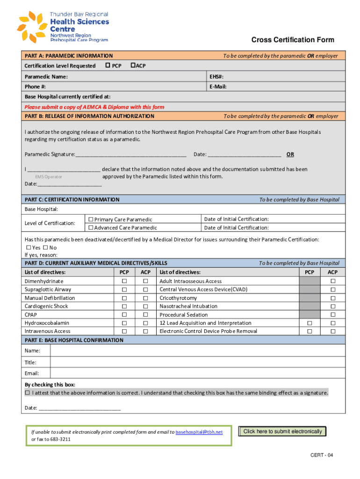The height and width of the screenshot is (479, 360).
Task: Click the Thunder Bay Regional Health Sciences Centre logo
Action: coord(63,27)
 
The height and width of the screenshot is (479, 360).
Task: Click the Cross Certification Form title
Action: coord(293,40)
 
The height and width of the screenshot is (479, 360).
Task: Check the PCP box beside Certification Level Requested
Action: coord(108,65)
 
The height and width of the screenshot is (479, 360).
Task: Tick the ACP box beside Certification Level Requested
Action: coord(133,65)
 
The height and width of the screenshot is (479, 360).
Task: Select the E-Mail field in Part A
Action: coord(276,87)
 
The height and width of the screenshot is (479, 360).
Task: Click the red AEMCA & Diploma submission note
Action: coord(94,107)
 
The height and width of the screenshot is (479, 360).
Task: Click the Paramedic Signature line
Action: coord(131,154)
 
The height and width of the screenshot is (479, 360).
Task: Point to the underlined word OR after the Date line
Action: coord(290,154)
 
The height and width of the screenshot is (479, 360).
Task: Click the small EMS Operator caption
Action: coord(49,177)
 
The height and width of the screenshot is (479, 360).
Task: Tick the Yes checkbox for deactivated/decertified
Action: coord(29,247)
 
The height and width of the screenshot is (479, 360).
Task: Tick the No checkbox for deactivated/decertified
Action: coord(45,247)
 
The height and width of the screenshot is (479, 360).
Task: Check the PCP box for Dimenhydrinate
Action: coord(124,281)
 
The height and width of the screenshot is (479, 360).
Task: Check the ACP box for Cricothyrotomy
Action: coord(333,298)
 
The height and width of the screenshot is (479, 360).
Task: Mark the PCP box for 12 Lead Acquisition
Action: coord(309,323)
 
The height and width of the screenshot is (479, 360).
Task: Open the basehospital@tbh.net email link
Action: coord(199,432)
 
